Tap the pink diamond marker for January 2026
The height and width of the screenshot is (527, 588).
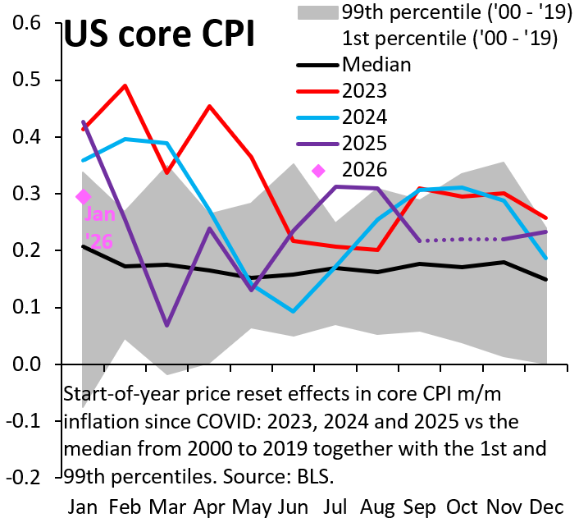pos(84,196)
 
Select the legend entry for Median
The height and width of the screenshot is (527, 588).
pos(376,63)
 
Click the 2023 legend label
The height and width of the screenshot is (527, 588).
pos(365,90)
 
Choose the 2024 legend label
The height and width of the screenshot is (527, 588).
pos(365,117)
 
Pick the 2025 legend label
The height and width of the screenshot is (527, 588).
pos(365,143)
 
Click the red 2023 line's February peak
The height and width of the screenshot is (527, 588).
pos(125,85)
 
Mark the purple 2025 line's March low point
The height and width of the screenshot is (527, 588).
pos(167,325)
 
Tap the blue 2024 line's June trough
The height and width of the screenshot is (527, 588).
pos(293,311)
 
